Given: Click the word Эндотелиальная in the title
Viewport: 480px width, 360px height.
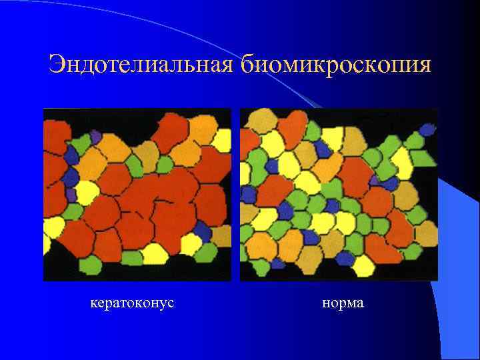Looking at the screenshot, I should pyautogui.click(x=141, y=65).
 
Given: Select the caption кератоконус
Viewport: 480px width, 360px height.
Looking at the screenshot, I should pyautogui.click(x=132, y=303).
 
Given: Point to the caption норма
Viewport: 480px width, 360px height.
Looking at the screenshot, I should pyautogui.click(x=343, y=303).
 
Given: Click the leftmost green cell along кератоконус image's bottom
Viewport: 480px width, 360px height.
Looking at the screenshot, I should pyautogui.click(x=90, y=265).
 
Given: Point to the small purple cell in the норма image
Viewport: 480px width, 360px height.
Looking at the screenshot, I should pyautogui.click(x=374, y=179).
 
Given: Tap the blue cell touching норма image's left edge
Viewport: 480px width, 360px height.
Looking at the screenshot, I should pyautogui.click(x=248, y=195).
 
